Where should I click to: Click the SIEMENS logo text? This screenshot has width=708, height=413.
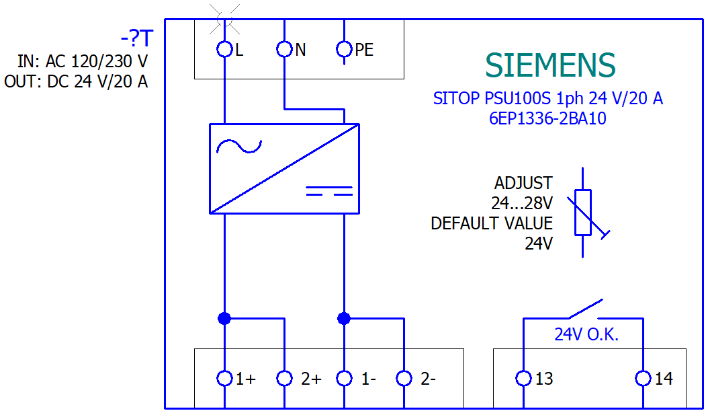[x=549, y=65]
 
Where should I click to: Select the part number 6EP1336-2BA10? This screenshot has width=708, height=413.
[x=547, y=118]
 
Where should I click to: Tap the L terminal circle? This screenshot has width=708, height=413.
[x=224, y=49]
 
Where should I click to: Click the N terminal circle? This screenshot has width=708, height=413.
[x=285, y=49]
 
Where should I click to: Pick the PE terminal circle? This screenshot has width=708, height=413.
[x=344, y=49]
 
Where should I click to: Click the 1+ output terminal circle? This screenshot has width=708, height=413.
[x=224, y=379]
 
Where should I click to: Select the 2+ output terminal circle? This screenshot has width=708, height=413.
[x=285, y=379]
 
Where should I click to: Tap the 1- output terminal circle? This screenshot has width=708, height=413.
[x=344, y=379]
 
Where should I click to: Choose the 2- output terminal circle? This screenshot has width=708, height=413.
[x=404, y=379]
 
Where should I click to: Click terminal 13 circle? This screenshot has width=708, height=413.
[x=523, y=379]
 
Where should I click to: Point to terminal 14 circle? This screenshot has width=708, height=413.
[x=644, y=379]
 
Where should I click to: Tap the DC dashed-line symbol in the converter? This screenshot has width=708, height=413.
[x=329, y=190]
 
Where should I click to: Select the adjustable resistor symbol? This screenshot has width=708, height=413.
[x=583, y=213]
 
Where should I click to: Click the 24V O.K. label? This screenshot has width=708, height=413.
[x=586, y=334]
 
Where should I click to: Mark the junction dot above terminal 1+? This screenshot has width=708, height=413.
[x=224, y=318]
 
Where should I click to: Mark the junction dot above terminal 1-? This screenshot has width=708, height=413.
[x=344, y=318]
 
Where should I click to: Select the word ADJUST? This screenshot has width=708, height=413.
[x=523, y=183]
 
